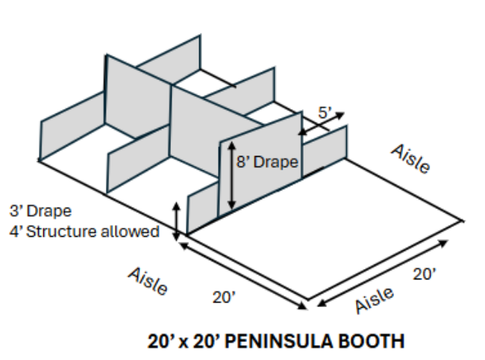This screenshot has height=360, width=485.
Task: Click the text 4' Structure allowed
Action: pyautogui.click(x=84, y=232)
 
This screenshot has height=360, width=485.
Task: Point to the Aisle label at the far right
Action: pyautogui.click(x=411, y=158)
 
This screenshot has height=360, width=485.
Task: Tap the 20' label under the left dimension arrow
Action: pyautogui.click(x=223, y=297)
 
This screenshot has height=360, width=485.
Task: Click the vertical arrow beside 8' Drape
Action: pyautogui.click(x=231, y=176)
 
